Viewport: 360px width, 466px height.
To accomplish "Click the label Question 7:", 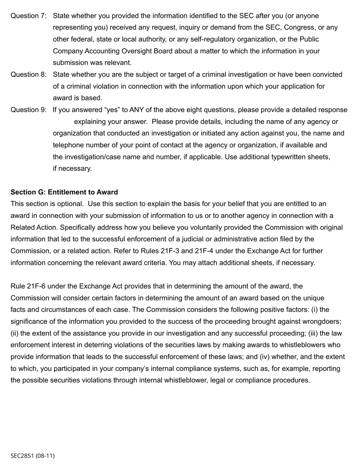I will (x=28, y=16).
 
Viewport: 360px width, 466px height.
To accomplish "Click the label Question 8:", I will (x=28, y=75).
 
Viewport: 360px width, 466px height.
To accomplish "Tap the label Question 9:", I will (x=28, y=110).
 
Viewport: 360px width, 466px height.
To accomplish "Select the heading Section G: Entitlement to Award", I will (x=64, y=192).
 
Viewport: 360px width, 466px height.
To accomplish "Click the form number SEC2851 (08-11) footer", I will (x=33, y=456).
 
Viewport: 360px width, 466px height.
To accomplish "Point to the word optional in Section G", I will (x=69, y=204).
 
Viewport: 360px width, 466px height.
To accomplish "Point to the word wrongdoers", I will (x=322, y=322).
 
